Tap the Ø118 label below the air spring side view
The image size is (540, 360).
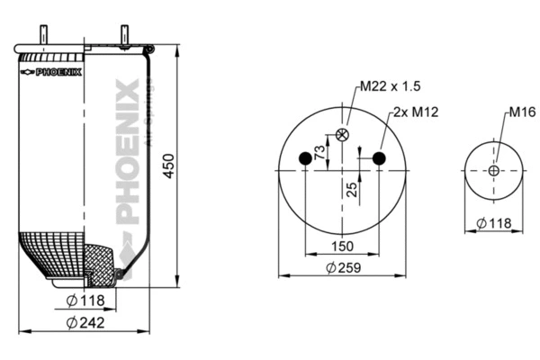[x=86, y=300]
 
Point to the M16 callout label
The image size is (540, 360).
[x=522, y=112]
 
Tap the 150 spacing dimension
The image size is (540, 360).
[x=342, y=245]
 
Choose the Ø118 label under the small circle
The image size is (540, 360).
[x=495, y=222]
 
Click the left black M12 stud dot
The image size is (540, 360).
[x=305, y=159]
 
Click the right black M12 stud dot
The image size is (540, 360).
[x=379, y=159]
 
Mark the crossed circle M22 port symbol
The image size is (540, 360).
[x=342, y=135]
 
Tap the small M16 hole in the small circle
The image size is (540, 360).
[x=494, y=171]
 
